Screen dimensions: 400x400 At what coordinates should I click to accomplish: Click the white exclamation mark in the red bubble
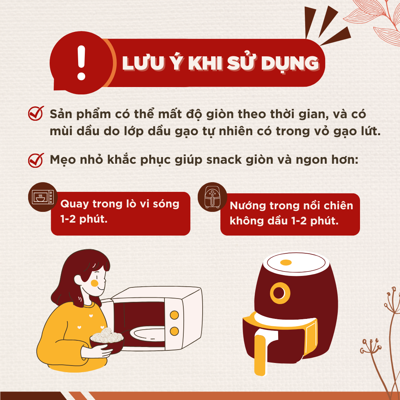click(81, 63)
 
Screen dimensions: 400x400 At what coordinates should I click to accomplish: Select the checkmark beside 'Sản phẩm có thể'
click(36, 114)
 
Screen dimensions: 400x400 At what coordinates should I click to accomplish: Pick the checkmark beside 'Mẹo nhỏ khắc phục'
click(36, 161)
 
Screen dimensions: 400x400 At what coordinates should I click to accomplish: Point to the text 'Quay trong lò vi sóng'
click(120, 204)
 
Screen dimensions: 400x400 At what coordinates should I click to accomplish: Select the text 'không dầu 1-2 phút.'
click(284, 221)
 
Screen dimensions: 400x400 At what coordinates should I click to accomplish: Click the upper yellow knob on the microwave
click(174, 315)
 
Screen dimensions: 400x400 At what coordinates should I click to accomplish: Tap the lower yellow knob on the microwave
click(174, 331)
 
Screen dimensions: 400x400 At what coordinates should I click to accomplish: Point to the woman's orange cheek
click(95, 283)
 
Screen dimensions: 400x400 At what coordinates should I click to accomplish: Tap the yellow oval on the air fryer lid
click(286, 263)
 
